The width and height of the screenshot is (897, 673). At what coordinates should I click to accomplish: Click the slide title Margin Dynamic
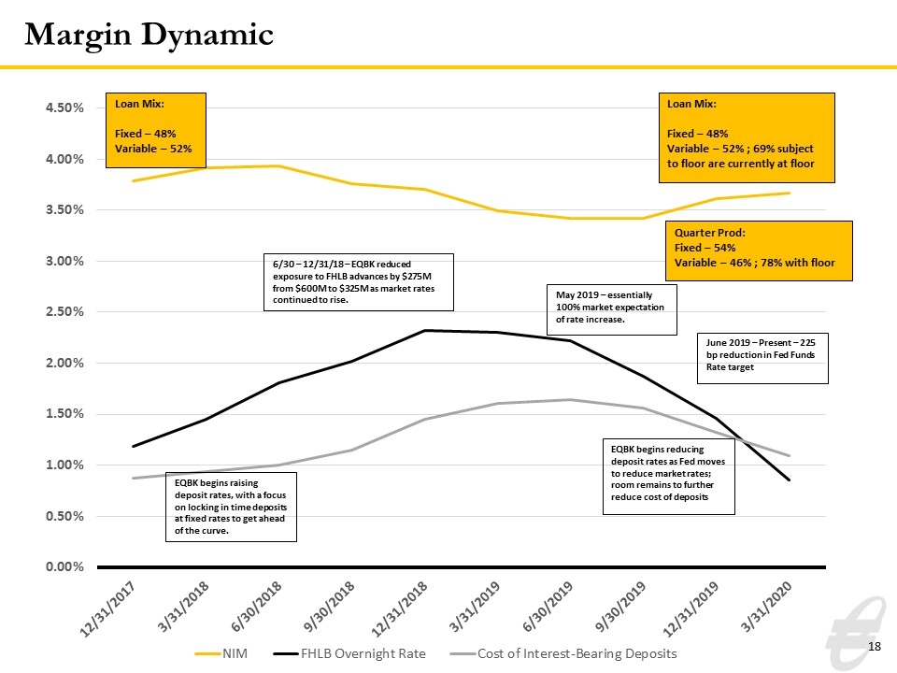click(149, 35)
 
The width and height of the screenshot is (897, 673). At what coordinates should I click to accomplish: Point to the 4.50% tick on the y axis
click(64, 107)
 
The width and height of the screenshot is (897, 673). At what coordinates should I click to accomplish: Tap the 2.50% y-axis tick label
click(64, 312)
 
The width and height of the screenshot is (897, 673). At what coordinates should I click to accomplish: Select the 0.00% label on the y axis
click(64, 566)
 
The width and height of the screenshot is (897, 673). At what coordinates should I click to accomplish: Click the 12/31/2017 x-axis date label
click(108, 609)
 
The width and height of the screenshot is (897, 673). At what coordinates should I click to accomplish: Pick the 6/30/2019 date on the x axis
click(548, 607)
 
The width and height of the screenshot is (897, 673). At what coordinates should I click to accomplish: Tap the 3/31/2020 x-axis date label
click(766, 607)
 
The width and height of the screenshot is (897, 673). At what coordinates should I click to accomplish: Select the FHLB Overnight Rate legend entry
click(349, 653)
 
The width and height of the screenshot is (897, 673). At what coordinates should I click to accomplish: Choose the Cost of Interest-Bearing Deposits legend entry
click(563, 653)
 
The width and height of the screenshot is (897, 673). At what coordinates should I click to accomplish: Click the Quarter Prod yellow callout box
click(759, 251)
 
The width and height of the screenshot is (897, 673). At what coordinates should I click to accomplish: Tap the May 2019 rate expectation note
click(612, 309)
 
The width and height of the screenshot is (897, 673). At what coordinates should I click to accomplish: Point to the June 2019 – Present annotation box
click(762, 358)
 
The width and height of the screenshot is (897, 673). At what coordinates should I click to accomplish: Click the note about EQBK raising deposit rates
click(231, 507)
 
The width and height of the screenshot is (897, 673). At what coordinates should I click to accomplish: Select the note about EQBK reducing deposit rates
click(669, 477)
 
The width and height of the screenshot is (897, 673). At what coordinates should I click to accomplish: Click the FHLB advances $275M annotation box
click(359, 282)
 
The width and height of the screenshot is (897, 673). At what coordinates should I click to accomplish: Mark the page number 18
click(875, 647)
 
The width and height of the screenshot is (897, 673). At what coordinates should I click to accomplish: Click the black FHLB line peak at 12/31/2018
click(424, 330)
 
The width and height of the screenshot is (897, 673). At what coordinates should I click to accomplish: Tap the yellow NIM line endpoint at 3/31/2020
click(790, 193)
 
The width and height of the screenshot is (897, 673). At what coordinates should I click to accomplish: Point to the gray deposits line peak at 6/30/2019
click(570, 399)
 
